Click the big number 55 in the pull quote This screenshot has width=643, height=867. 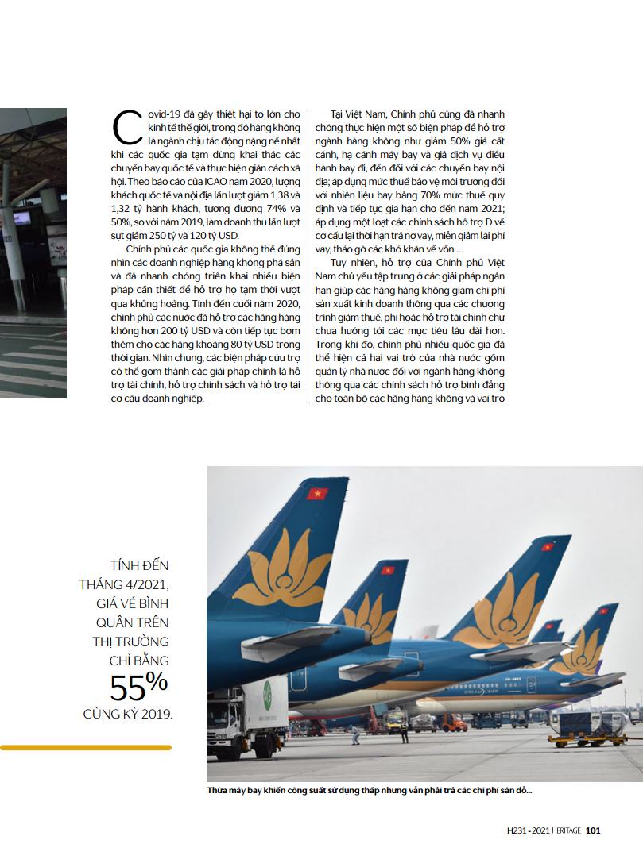tap(126, 686)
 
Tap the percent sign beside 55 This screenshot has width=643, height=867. tap(157, 680)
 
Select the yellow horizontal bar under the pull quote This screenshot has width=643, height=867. tap(85, 747)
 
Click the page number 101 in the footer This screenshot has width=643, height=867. tap(593, 831)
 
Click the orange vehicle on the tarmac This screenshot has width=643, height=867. tap(453, 722)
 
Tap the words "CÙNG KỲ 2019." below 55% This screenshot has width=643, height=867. tap(127, 714)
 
